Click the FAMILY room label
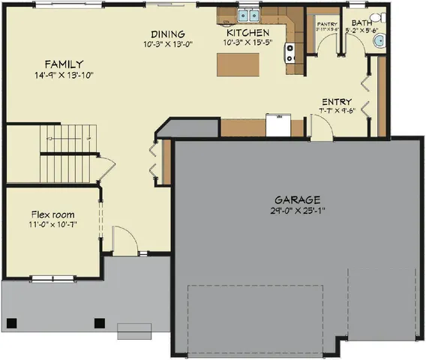(x=63, y=64)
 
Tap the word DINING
(x=167, y=34)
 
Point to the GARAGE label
(x=297, y=200)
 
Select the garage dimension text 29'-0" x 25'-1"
(x=297, y=211)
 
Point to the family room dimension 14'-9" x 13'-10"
(x=63, y=76)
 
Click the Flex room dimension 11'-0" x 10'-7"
(x=52, y=223)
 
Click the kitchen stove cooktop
(x=289, y=52)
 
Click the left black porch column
(x=11, y=324)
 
